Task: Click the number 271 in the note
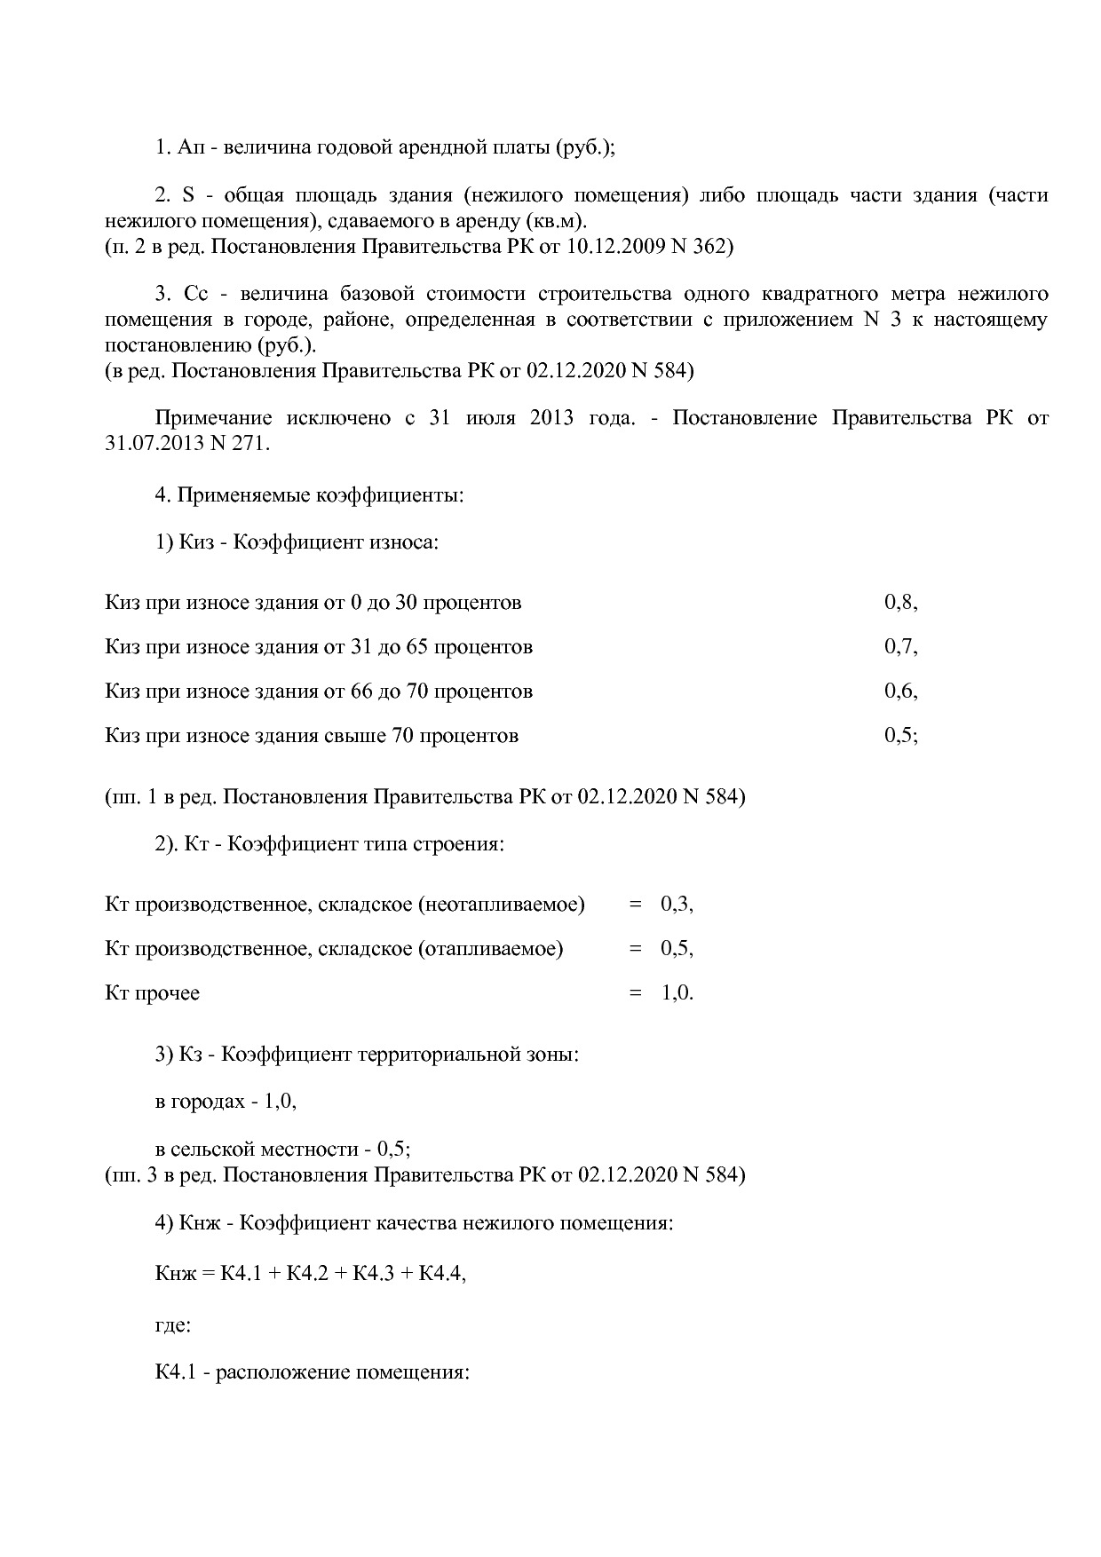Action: (x=250, y=443)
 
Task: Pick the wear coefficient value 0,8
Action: (x=900, y=602)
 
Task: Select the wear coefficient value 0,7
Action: (x=900, y=646)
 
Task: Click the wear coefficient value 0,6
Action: (x=900, y=691)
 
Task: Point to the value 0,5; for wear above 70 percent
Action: (x=900, y=735)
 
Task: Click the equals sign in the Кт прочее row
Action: (x=635, y=992)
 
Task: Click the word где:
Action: (x=173, y=1325)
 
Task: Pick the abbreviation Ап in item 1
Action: (x=190, y=146)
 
